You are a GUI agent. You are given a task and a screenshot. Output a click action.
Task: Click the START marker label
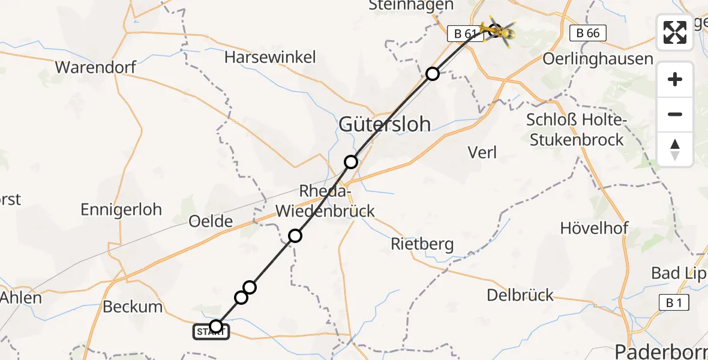click(211, 332)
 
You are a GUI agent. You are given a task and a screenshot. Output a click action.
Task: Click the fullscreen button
click(675, 32)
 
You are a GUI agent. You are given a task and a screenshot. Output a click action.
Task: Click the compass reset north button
click(675, 149)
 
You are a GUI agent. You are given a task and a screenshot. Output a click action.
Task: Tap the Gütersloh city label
click(385, 124)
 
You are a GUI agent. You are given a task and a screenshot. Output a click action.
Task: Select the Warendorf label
click(95, 67)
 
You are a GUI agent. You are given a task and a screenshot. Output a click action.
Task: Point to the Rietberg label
click(422, 244)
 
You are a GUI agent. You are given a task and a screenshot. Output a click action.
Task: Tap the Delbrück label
click(520, 295)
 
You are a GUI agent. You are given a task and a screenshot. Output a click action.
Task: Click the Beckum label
click(133, 307)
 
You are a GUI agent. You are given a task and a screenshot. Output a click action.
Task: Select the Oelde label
click(211, 221)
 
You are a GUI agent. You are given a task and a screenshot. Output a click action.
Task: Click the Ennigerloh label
click(121, 209)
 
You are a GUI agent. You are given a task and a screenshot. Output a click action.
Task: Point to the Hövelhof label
click(594, 228)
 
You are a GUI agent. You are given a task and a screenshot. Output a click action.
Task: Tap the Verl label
click(482, 152)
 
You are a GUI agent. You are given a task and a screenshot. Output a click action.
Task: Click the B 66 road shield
click(587, 34)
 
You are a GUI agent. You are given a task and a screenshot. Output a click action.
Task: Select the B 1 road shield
click(674, 303)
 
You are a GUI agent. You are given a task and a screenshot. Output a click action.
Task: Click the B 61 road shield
click(465, 34)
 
